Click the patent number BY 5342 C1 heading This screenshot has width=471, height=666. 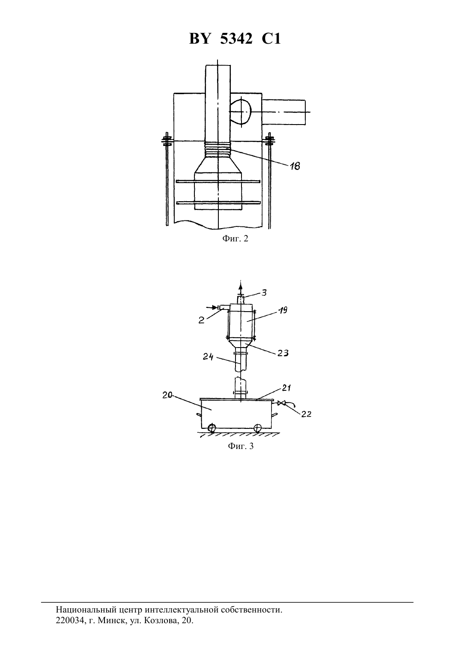[x=235, y=39]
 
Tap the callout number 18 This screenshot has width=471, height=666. [x=295, y=166]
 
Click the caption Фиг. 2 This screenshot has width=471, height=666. [x=235, y=239]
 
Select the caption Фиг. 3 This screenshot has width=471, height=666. [x=241, y=455]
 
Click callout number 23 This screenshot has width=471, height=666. [x=283, y=353]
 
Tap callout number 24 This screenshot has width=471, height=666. [x=208, y=357]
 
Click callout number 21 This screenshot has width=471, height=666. [x=286, y=388]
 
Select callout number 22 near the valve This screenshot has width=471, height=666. [x=306, y=414]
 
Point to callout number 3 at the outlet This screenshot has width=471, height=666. [x=264, y=293]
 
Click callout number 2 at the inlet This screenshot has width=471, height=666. [x=202, y=320]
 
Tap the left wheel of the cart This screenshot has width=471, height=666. [x=212, y=428]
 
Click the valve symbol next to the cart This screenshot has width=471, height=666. [x=281, y=403]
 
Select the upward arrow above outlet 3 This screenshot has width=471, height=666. [x=241, y=288]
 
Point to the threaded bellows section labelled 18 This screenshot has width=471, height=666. [x=218, y=149]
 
